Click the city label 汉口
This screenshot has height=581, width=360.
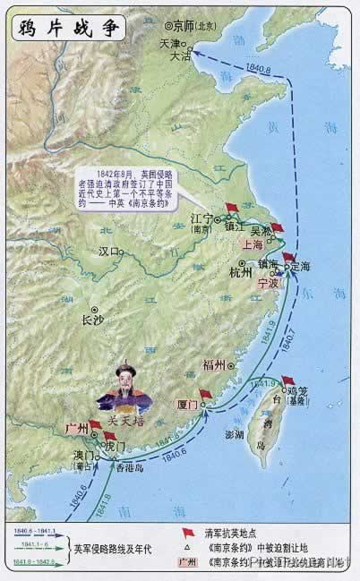[109, 252]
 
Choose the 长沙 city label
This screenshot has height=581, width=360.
[93, 318]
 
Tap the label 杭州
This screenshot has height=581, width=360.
[241, 272]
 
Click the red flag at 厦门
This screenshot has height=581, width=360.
[206, 395]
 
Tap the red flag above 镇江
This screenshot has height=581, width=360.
[232, 208]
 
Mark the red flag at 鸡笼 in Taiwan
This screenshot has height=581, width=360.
[287, 380]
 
